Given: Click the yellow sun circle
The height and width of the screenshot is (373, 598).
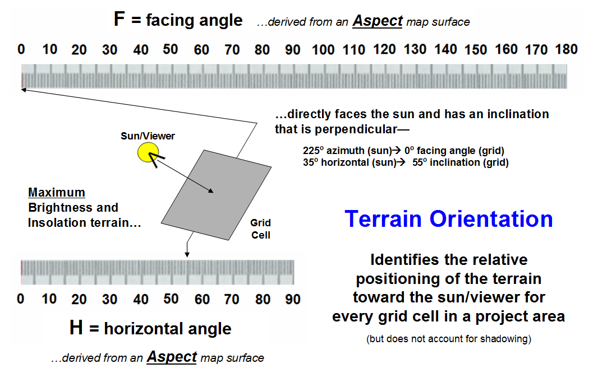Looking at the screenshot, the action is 148,152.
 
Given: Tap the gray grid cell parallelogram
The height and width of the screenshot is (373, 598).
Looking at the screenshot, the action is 216,195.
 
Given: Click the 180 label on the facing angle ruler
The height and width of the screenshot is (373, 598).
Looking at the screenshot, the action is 567,49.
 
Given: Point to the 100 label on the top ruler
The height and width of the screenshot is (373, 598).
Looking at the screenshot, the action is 323,49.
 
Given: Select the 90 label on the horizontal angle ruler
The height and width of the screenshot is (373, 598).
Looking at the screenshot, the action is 293,299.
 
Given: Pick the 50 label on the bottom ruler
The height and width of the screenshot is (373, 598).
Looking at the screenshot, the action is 171,299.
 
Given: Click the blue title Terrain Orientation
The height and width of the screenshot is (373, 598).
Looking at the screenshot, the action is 449,219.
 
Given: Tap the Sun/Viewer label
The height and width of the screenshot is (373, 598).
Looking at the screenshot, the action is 148,136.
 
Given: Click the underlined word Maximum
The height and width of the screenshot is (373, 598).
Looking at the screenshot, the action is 57,192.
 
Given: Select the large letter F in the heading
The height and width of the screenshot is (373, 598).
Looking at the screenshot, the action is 119,19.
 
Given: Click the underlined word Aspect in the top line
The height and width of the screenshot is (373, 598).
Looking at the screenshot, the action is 378,21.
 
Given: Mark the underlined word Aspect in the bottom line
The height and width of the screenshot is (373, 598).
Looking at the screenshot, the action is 172,357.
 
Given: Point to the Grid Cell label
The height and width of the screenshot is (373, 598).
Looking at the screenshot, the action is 260,229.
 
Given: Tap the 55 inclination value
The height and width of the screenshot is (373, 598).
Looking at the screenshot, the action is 418,162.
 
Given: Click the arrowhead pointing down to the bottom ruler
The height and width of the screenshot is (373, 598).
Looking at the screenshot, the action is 187,254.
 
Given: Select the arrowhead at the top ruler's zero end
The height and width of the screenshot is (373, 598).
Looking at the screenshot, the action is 23,90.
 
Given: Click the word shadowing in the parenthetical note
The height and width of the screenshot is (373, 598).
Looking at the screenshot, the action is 504,339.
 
